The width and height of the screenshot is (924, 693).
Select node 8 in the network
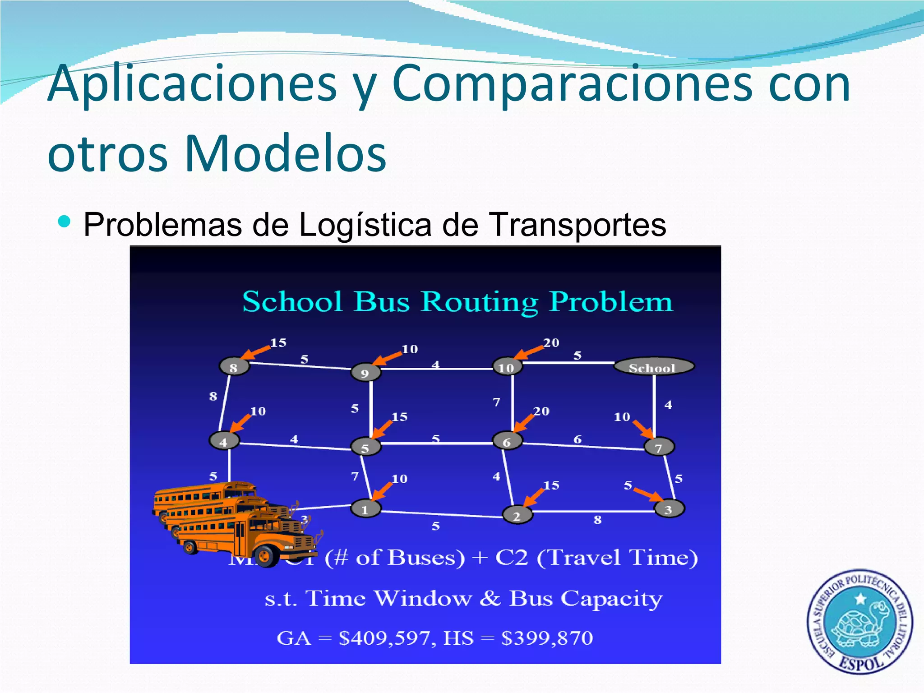[234, 367]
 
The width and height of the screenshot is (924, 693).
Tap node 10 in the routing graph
[507, 367]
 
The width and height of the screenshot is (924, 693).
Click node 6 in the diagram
[507, 442]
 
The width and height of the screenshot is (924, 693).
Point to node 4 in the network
[224, 441]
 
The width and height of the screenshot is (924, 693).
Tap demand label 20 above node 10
[551, 343]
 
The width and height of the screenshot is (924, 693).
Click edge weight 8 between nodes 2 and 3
[597, 520]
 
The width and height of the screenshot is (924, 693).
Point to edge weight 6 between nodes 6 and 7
[577, 439]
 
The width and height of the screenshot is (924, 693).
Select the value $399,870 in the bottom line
[547, 638]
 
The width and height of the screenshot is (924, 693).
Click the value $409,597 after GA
[387, 638]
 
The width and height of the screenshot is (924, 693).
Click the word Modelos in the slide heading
[285, 153]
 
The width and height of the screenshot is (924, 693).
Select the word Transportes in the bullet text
[577, 225]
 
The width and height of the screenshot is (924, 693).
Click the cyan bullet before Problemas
[65, 221]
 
